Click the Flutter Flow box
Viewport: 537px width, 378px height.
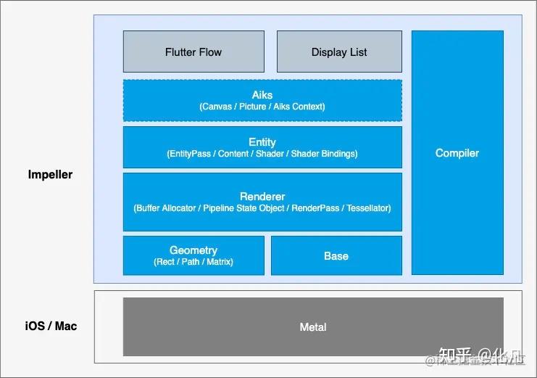coord(193,52)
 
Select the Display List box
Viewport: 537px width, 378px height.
coord(339,52)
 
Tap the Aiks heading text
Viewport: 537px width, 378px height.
coord(262,95)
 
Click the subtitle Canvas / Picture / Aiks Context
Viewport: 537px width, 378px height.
coord(262,107)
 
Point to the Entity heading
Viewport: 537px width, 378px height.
coord(262,142)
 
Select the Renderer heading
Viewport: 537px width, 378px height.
coord(262,197)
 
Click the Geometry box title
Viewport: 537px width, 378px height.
coord(193,250)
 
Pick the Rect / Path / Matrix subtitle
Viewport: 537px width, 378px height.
coord(193,261)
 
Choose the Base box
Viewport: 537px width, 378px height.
coord(336,256)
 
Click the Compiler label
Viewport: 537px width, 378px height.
coord(457,153)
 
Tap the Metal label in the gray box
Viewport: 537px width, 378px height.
coord(313,327)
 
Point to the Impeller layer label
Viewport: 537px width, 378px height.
coord(50,175)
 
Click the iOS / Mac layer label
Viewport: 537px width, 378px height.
coord(51,326)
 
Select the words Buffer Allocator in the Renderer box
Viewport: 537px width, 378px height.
coord(166,208)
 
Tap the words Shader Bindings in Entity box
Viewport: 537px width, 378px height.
coord(324,154)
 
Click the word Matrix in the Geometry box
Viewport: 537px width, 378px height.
coord(219,261)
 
